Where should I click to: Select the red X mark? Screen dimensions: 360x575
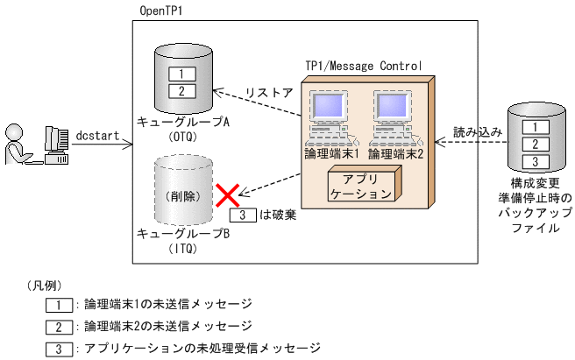point(229,194)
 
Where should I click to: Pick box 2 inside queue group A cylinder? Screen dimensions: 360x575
point(181,91)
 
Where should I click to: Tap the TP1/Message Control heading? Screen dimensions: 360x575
point(363,66)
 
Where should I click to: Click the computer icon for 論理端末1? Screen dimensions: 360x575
point(330,118)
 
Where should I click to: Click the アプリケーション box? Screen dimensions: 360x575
point(362,187)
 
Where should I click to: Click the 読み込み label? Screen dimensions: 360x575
point(477,131)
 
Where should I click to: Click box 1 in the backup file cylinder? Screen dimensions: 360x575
point(529,127)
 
